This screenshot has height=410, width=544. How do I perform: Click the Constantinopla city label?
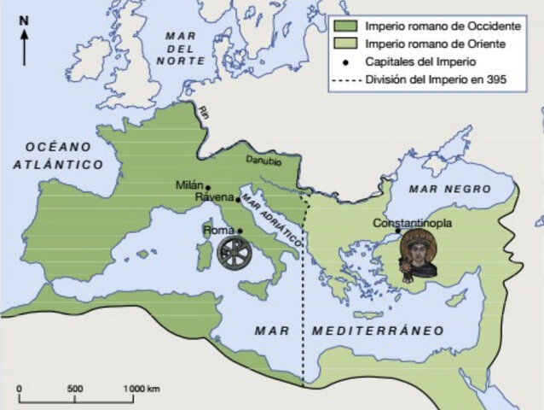pyautogui.click(x=414, y=223)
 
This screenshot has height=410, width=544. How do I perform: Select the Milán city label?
pyautogui.click(x=191, y=184)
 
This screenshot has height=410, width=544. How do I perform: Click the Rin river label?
pyautogui.click(x=203, y=110)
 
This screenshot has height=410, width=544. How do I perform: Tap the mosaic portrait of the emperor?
pyautogui.click(x=419, y=253)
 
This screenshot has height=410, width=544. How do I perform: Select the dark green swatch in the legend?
pyautogui.click(x=344, y=26)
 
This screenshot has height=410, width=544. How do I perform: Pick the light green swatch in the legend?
pyautogui.click(x=344, y=44)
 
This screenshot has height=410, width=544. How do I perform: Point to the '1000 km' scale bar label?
pyautogui.click(x=141, y=389)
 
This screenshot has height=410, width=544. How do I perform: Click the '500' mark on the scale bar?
pyautogui.click(x=75, y=389)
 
